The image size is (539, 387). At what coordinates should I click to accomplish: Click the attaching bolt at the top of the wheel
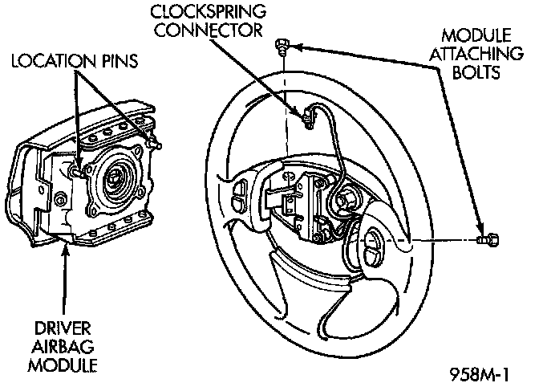(282, 45)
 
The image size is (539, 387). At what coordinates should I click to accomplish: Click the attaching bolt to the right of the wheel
(488, 238)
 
